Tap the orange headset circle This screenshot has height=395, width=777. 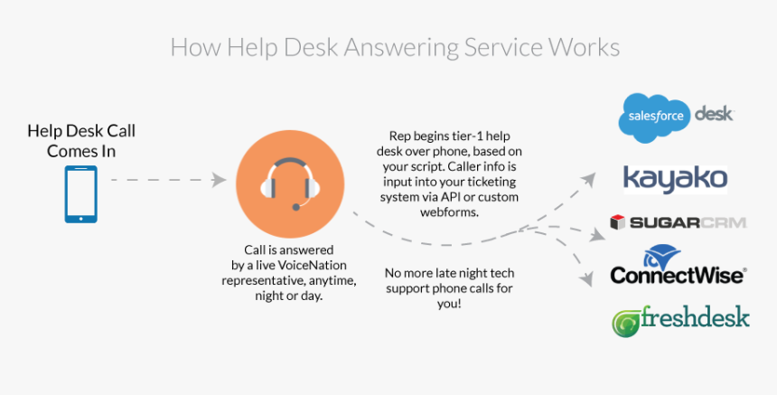click(291, 181)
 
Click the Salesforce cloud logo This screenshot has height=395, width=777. click(652, 118)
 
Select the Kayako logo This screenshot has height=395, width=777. click(675, 177)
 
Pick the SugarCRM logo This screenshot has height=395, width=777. click(678, 222)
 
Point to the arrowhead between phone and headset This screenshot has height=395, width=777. click(219, 180)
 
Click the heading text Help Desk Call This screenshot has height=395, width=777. click(81, 131)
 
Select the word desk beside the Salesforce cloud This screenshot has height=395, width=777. click(713, 114)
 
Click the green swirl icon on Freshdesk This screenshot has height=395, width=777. click(624, 322)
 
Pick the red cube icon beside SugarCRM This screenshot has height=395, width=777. click(618, 222)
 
